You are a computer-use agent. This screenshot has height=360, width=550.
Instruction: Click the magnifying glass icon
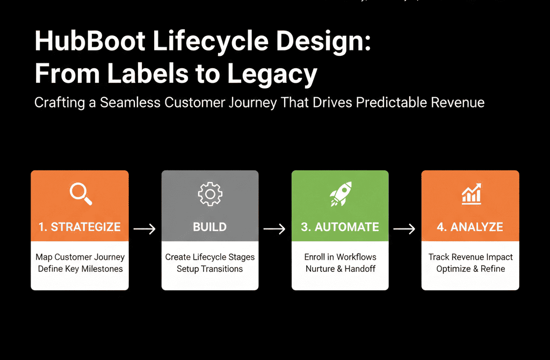(x=81, y=194)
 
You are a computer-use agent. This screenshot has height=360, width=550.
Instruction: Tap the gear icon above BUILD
(x=209, y=195)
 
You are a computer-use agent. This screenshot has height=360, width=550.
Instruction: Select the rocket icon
(x=340, y=194)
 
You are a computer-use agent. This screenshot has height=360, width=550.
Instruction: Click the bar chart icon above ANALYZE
(x=471, y=195)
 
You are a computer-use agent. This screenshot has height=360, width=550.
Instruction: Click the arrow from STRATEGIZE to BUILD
(x=144, y=229)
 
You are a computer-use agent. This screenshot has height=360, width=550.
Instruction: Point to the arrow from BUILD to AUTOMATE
(x=274, y=229)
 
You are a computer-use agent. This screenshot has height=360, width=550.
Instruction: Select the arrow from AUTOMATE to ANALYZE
(x=404, y=229)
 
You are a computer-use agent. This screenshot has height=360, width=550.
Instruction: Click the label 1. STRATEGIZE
(x=79, y=227)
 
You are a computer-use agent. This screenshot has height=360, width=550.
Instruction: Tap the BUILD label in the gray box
(x=209, y=227)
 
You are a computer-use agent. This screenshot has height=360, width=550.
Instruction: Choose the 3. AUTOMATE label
(x=340, y=227)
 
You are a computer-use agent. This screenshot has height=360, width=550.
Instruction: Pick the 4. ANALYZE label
(x=470, y=227)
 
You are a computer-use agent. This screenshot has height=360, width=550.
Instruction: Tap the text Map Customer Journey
(x=80, y=257)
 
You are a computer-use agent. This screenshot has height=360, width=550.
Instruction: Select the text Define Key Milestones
(x=80, y=269)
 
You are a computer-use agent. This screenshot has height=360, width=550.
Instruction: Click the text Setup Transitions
(x=209, y=269)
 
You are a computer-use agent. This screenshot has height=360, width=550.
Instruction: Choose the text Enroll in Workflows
(x=340, y=257)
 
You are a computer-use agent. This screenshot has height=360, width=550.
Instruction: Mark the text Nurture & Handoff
(x=340, y=269)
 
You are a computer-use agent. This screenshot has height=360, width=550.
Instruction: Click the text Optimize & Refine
(x=471, y=269)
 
